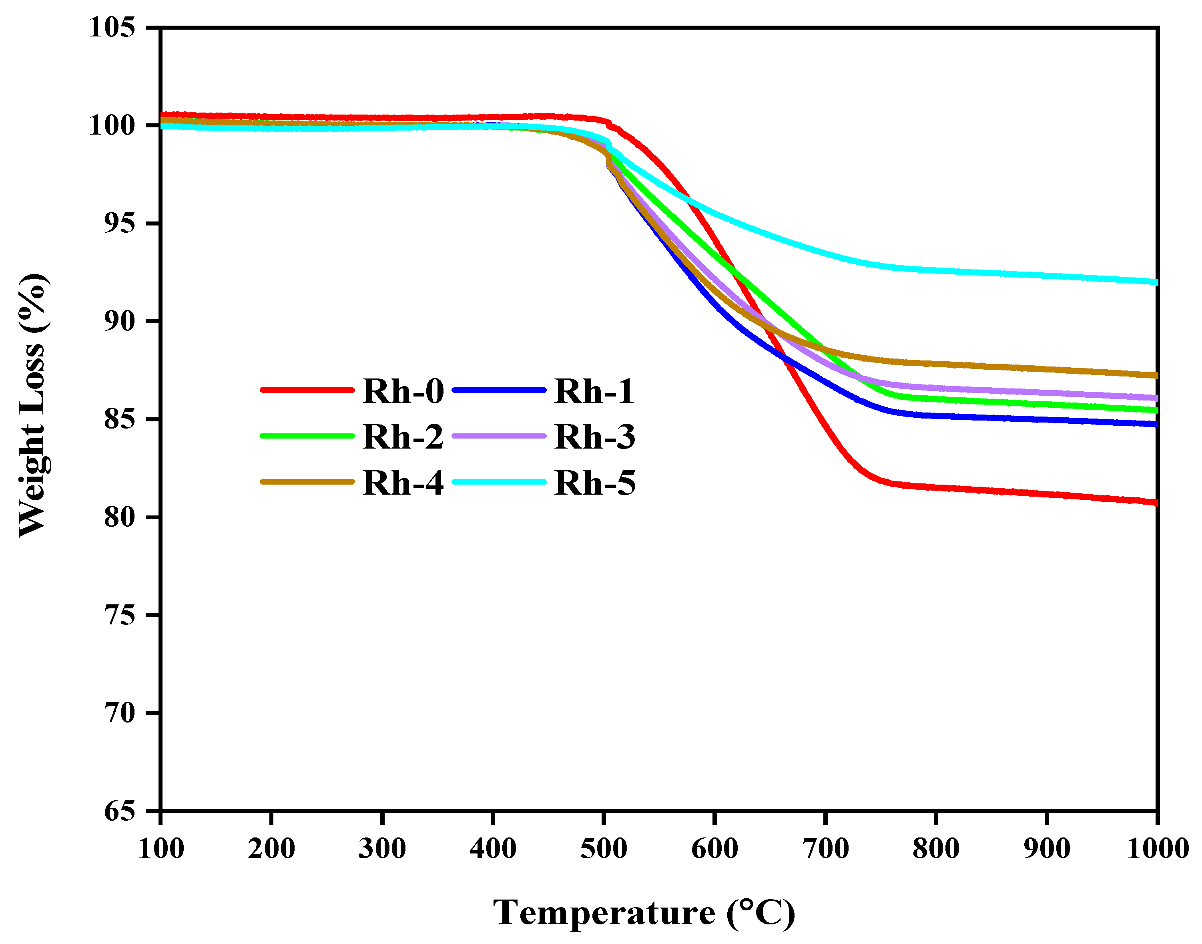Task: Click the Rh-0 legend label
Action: (403, 391)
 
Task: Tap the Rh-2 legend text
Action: (403, 437)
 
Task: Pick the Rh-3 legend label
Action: (594, 437)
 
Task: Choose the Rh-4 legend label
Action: (403, 483)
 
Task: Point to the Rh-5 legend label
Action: (594, 483)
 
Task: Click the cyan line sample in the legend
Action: (499, 482)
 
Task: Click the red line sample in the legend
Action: (307, 390)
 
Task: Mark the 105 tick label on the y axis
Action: (112, 27)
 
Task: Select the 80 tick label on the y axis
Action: (119, 517)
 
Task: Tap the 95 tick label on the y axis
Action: (119, 223)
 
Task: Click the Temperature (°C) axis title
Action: (644, 913)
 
